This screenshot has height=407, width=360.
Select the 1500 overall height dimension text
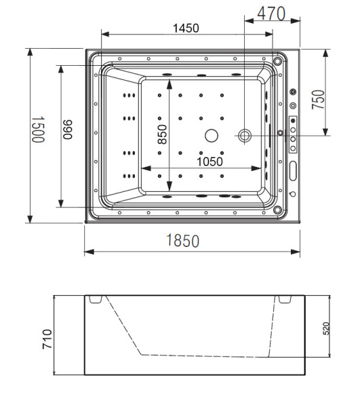(x=37, y=128)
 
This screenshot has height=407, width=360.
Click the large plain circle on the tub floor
(x=211, y=136)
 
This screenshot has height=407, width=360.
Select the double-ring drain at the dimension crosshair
(x=244, y=136)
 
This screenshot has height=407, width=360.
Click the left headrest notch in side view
(x=95, y=300)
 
